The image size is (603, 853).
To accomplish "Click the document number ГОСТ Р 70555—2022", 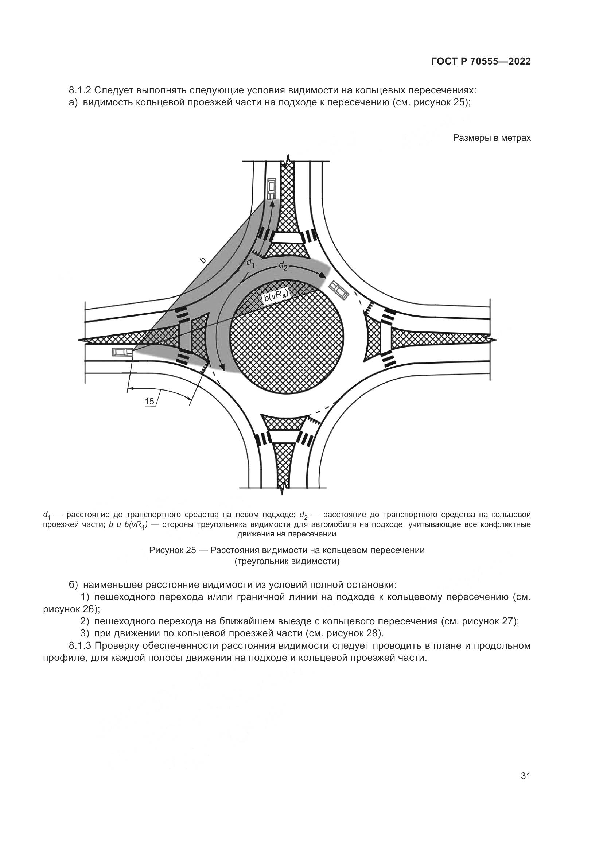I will pos(481,62).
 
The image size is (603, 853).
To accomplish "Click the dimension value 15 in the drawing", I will pos(149,401).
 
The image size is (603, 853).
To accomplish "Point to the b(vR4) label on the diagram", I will pos(276,296).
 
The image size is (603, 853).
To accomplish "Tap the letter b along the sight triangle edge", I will pos(203,260).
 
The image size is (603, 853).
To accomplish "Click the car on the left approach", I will pos(122,352).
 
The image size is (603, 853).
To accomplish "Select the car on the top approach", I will pos(272,188).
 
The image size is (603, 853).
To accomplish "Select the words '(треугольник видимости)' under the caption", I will pos(287,561).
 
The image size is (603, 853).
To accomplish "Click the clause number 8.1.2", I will pos(80,90).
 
